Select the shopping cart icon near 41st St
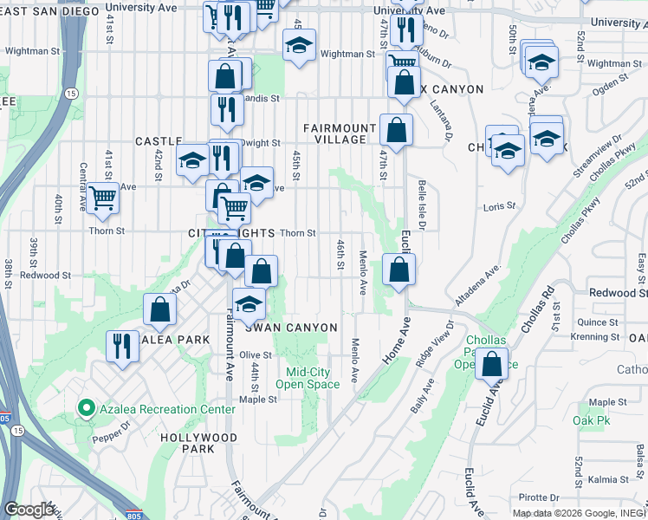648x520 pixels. (103, 198)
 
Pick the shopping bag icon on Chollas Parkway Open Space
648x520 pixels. (491, 365)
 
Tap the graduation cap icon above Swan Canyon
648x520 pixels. (249, 304)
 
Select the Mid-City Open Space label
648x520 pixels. (301, 379)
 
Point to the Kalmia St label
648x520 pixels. (606, 479)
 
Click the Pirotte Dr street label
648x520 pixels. (541, 497)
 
